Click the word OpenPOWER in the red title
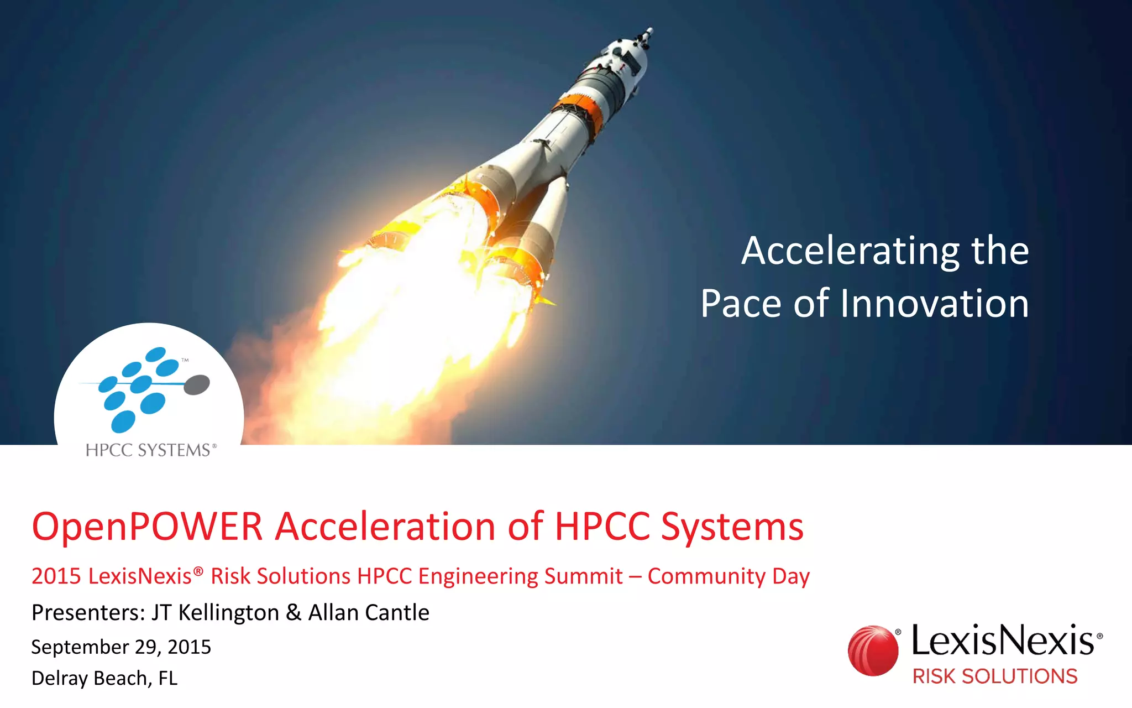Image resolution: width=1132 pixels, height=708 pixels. [x=147, y=527]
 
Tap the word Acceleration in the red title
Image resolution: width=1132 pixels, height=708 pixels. [x=385, y=527]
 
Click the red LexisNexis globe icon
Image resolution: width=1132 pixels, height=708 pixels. [x=873, y=650]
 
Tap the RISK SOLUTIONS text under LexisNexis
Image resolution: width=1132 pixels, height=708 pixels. [x=994, y=676]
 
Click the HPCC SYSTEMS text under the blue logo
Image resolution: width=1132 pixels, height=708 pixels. [x=148, y=450]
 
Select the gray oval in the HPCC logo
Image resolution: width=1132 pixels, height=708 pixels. [x=196, y=384]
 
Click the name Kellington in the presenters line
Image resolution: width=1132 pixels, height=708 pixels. [x=228, y=613]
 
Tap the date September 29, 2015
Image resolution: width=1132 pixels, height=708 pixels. [x=121, y=647]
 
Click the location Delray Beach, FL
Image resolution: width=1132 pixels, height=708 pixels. [x=104, y=678]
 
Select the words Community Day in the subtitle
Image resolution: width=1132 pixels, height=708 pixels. [x=729, y=576]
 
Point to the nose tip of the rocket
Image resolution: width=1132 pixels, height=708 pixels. [x=650, y=30]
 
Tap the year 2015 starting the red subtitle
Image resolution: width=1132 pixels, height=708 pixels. [x=56, y=576]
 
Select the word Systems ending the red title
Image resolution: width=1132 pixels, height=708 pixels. [x=732, y=527]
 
